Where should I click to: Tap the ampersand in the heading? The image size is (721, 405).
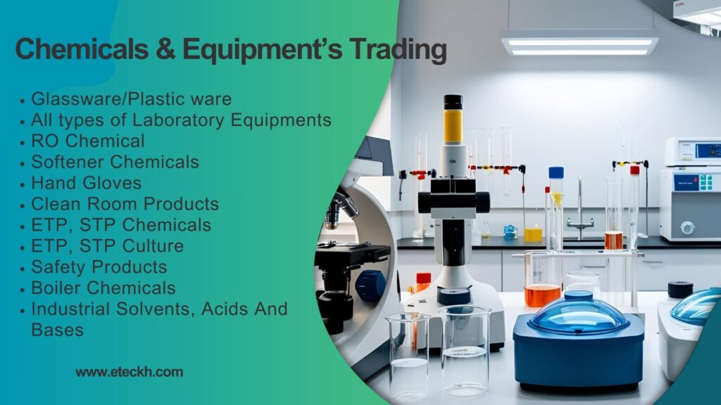(165, 49)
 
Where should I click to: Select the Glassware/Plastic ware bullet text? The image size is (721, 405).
(132, 98)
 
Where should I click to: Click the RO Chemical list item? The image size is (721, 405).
(88, 141)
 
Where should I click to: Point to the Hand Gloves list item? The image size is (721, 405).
(87, 183)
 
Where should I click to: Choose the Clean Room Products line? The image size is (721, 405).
(125, 204)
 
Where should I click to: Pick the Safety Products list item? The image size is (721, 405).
(99, 266)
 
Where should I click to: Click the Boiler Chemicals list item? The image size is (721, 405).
(104, 288)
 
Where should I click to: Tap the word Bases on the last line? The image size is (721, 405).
(58, 330)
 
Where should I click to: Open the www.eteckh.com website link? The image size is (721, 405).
(130, 372)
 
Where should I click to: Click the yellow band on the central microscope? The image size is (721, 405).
(453, 127)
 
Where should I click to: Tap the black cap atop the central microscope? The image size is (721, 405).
(453, 102)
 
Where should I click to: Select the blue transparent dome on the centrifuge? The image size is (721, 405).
(578, 313)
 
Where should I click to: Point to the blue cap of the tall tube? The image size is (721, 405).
(556, 173)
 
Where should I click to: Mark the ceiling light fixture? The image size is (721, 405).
(580, 44)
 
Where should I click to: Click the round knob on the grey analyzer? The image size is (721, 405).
(687, 227)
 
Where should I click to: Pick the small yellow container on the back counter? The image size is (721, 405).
(533, 234)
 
